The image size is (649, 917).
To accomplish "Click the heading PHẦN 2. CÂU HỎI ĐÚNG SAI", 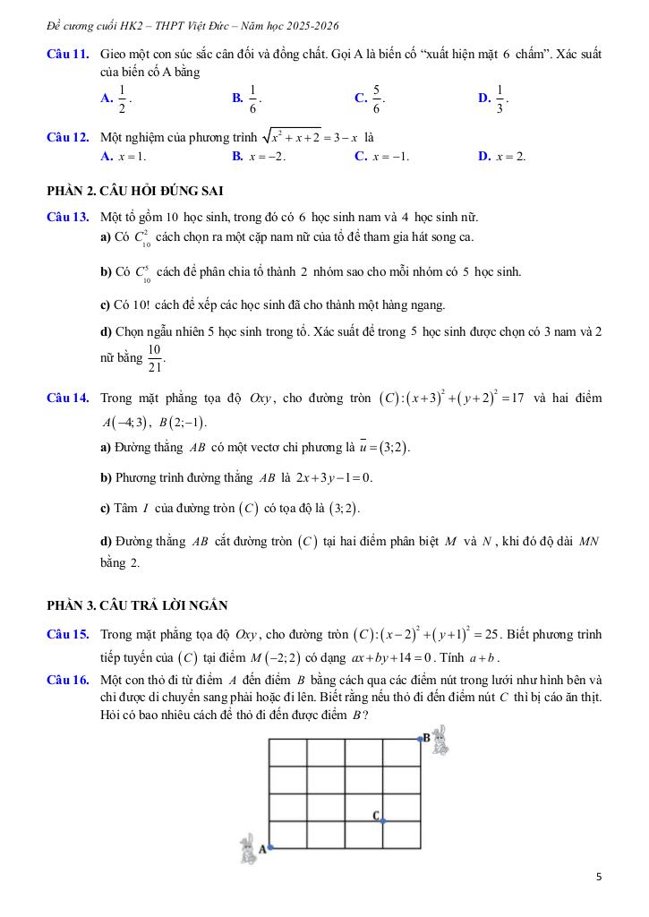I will point(134,190).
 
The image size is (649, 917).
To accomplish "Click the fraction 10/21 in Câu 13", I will point(154,357).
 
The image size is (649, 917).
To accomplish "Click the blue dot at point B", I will point(421,739).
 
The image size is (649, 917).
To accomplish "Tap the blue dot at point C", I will point(383,820).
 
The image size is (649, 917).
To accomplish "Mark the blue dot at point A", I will point(269,847).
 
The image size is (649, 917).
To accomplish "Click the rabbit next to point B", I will point(440,741).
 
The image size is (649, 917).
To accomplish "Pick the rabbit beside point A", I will point(248,849).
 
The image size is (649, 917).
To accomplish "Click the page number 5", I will point(598,877).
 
